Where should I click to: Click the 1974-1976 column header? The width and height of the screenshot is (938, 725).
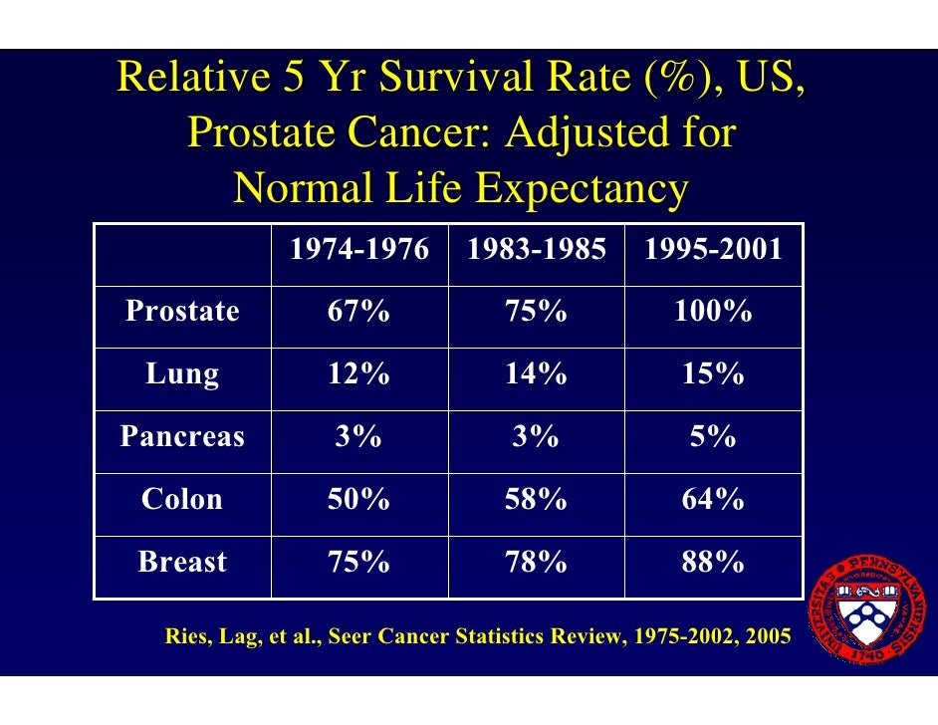pos(358,250)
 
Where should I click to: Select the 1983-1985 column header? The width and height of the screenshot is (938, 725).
pos(536,250)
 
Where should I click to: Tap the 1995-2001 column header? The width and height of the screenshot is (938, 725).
pos(713,250)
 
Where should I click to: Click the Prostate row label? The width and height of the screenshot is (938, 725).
pos(182,312)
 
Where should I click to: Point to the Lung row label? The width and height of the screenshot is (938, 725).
pos(182,374)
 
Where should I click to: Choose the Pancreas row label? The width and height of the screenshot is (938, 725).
pos(182,436)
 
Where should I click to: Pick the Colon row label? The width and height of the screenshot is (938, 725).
pos(182,499)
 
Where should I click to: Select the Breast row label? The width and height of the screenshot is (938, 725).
pos(182,562)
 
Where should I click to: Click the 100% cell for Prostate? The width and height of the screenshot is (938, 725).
pos(713,312)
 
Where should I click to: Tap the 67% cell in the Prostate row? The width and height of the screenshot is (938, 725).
pos(358,312)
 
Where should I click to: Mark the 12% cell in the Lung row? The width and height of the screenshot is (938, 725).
pos(358,374)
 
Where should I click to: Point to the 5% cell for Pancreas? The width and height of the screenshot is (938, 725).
pos(713,436)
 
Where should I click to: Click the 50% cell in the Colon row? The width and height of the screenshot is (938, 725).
pos(358,499)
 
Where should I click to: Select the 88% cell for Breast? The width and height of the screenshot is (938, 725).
pos(713,562)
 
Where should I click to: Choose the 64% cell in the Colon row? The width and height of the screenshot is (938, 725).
pos(713,499)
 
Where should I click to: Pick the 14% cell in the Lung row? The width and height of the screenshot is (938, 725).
pos(536,374)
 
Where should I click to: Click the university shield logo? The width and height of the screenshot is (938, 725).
pos(870,613)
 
